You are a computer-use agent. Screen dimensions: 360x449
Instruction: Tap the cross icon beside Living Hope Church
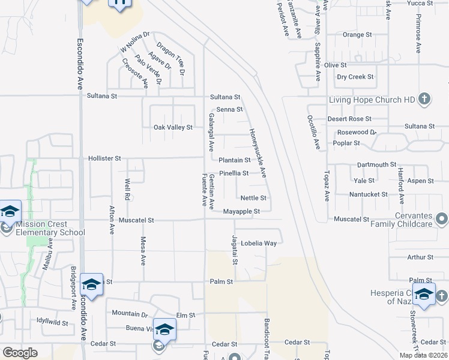click(424, 98)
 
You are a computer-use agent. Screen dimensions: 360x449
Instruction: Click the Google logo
click(20, 353)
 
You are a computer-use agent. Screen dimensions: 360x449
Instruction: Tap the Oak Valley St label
click(173, 127)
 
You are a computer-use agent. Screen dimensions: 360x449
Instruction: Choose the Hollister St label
click(105, 158)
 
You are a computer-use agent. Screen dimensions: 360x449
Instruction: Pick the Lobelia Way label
click(259, 244)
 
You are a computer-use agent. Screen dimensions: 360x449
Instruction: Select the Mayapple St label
click(241, 211)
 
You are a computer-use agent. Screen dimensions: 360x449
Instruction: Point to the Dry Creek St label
click(355, 77)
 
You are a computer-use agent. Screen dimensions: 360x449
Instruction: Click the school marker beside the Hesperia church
click(423, 296)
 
